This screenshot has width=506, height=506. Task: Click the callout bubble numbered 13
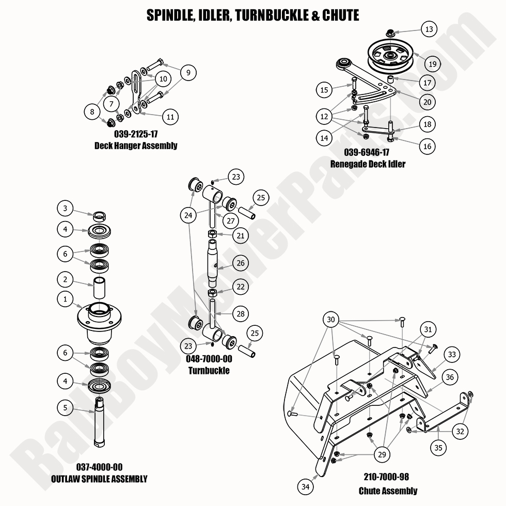[429, 29]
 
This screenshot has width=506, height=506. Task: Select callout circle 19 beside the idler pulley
[432, 64]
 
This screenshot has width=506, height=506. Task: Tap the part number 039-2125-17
[135, 135]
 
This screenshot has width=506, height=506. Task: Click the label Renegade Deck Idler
[368, 164]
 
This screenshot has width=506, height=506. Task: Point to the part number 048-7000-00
[209, 360]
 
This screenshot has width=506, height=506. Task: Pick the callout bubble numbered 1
[65, 299]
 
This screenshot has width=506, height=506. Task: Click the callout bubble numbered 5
[65, 407]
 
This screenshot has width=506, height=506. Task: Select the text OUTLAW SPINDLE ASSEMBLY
[99, 479]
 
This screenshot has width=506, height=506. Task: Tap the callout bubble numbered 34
[306, 486]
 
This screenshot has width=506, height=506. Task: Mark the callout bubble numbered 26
[240, 263]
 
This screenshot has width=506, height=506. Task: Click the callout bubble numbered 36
[450, 377]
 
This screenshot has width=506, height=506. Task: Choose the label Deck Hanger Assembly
[135, 146]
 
